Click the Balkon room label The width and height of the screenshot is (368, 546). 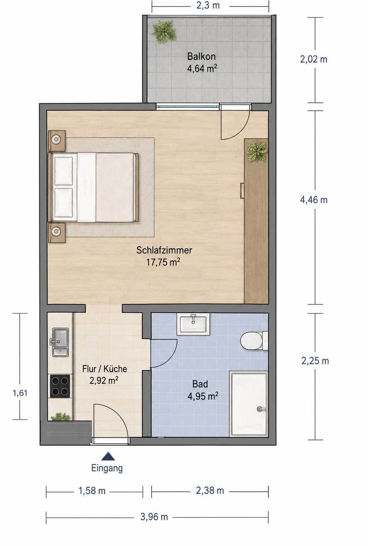[201, 56]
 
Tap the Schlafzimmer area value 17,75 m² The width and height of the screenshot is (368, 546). [163, 262]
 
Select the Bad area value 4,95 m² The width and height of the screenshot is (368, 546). [202, 396]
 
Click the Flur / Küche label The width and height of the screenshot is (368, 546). [104, 369]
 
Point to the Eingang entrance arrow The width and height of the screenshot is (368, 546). [108, 456]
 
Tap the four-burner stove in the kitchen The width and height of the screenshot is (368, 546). [60, 386]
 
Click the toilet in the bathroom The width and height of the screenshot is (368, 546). [254, 341]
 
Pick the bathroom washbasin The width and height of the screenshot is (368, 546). [195, 324]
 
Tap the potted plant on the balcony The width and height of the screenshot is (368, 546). [164, 32]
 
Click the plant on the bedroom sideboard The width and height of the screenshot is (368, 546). [256, 152]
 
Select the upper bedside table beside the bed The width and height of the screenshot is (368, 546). [57, 141]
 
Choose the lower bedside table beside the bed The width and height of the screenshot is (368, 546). [57, 233]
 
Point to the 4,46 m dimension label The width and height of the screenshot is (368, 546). [314, 200]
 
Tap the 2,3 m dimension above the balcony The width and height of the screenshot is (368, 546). [208, 5]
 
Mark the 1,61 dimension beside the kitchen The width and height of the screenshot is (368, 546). [20, 393]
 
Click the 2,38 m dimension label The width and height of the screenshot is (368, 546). [210, 490]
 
